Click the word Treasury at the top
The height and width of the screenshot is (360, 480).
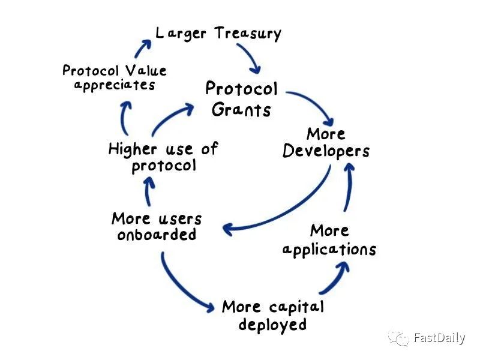pyautogui.click(x=247, y=34)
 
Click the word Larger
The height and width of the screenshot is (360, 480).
pyautogui.click(x=181, y=34)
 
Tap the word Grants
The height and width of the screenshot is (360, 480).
pyautogui.click(x=241, y=110)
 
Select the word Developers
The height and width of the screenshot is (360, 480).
pyautogui.click(x=326, y=151)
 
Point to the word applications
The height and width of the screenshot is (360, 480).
pyautogui.click(x=329, y=249)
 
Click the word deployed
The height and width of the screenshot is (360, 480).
pyautogui.click(x=272, y=325)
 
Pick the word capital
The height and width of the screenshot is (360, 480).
pyautogui.click(x=296, y=307)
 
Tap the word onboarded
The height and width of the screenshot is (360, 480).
pyautogui.click(x=157, y=235)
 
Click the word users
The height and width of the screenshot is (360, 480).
pyautogui.click(x=180, y=219)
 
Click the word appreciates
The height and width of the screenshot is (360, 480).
pyautogui.click(x=115, y=85)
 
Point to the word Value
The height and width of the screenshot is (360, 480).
pyautogui.click(x=146, y=70)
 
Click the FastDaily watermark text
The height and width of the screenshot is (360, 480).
pyautogui.click(x=439, y=338)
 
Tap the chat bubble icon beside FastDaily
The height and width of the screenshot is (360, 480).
pyautogui.click(x=398, y=338)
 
